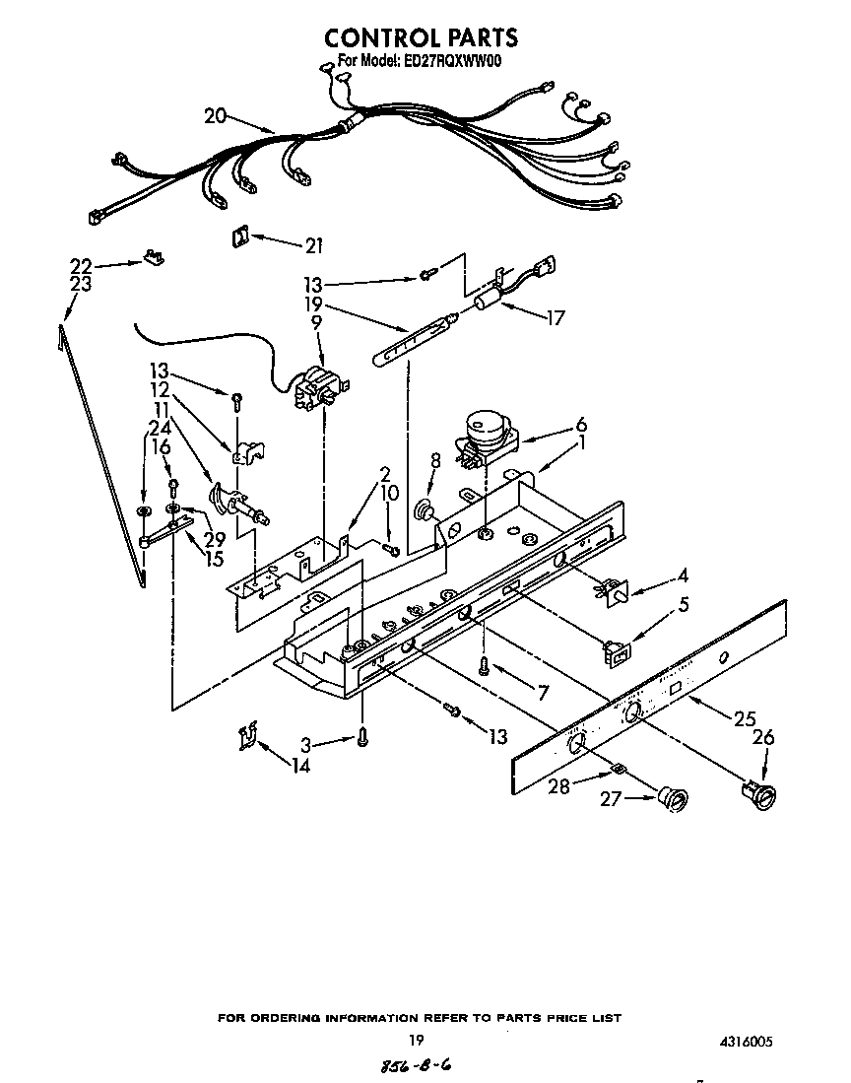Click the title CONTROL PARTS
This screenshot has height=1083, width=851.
(x=421, y=37)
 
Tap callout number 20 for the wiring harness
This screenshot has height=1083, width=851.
(x=216, y=115)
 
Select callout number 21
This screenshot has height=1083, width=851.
(x=314, y=244)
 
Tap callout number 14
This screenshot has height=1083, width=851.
(x=299, y=765)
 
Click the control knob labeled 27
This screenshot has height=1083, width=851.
(x=672, y=799)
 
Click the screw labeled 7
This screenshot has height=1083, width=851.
(x=485, y=665)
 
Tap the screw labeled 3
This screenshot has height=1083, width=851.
(x=363, y=735)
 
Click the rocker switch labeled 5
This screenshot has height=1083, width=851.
(x=616, y=650)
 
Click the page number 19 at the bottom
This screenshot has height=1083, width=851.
(x=417, y=1041)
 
